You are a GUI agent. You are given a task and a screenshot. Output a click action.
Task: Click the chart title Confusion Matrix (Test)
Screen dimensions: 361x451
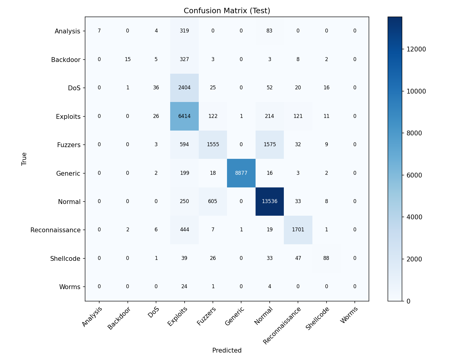coord(227,11)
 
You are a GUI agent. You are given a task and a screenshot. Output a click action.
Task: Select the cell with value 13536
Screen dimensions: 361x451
coord(269,202)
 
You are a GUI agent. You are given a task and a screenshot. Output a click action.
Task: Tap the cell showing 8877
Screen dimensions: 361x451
coord(241,173)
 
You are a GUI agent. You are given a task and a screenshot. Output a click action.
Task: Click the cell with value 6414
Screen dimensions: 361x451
coord(184,116)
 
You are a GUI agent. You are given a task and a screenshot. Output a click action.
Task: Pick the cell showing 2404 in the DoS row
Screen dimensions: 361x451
coord(184,88)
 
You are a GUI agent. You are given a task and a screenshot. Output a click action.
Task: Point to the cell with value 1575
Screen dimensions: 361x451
coord(269,145)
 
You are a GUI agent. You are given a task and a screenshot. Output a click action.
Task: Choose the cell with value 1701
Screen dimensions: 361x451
coord(298,230)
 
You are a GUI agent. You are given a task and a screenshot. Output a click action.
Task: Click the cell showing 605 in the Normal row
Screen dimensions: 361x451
coord(213,202)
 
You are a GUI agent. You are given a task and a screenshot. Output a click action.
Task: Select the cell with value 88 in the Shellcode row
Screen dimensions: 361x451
coord(326,258)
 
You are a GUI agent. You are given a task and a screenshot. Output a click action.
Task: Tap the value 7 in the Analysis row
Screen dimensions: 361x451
coord(99,31)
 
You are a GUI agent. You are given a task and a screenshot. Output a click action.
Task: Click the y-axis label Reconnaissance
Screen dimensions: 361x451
coord(55,230)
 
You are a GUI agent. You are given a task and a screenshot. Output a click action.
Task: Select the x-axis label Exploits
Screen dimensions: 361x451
coord(178,316)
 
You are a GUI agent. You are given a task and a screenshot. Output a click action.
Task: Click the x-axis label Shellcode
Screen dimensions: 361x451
coord(318,319)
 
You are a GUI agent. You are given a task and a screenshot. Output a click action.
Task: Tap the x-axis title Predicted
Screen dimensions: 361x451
coord(227,350)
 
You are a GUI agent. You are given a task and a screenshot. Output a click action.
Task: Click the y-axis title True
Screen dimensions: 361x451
coord(24,159)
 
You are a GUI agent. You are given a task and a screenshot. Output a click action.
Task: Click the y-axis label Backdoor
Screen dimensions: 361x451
coord(66,60)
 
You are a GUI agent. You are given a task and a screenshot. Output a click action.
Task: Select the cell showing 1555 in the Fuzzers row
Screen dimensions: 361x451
coord(213,145)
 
